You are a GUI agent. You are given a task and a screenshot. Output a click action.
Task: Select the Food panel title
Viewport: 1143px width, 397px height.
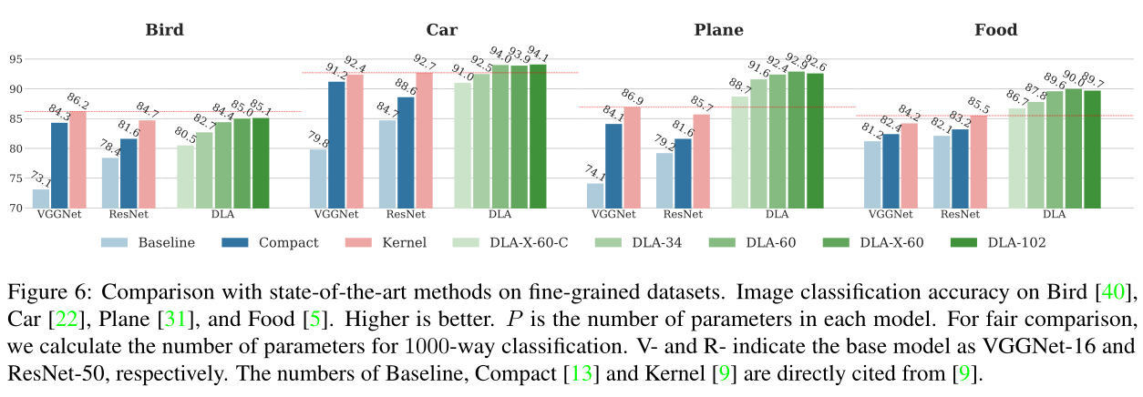click(995, 30)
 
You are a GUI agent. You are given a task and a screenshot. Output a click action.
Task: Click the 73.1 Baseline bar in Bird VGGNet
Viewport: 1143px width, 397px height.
click(41, 198)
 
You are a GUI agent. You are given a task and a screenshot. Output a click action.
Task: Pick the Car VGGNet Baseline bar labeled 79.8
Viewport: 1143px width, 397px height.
click(318, 178)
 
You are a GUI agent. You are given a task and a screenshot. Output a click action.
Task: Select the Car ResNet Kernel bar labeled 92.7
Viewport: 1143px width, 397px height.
click(425, 140)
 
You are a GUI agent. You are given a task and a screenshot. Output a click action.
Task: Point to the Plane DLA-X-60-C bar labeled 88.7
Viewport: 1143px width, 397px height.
click(739, 152)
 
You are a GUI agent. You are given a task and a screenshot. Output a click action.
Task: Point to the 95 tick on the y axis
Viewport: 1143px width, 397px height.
click(14, 60)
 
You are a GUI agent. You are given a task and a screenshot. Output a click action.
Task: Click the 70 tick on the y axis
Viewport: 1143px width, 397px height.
click(14, 209)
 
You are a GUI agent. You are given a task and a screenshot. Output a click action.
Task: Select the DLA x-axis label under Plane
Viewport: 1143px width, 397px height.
click(777, 216)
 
